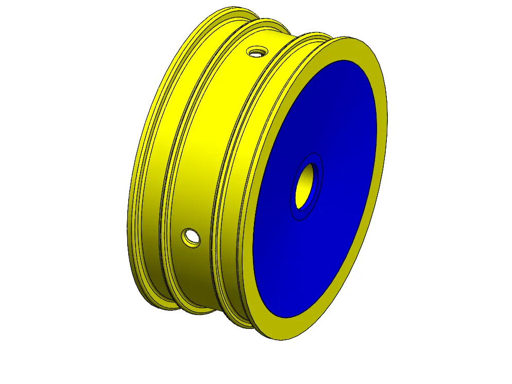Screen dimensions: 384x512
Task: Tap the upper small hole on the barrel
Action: (256, 52)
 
